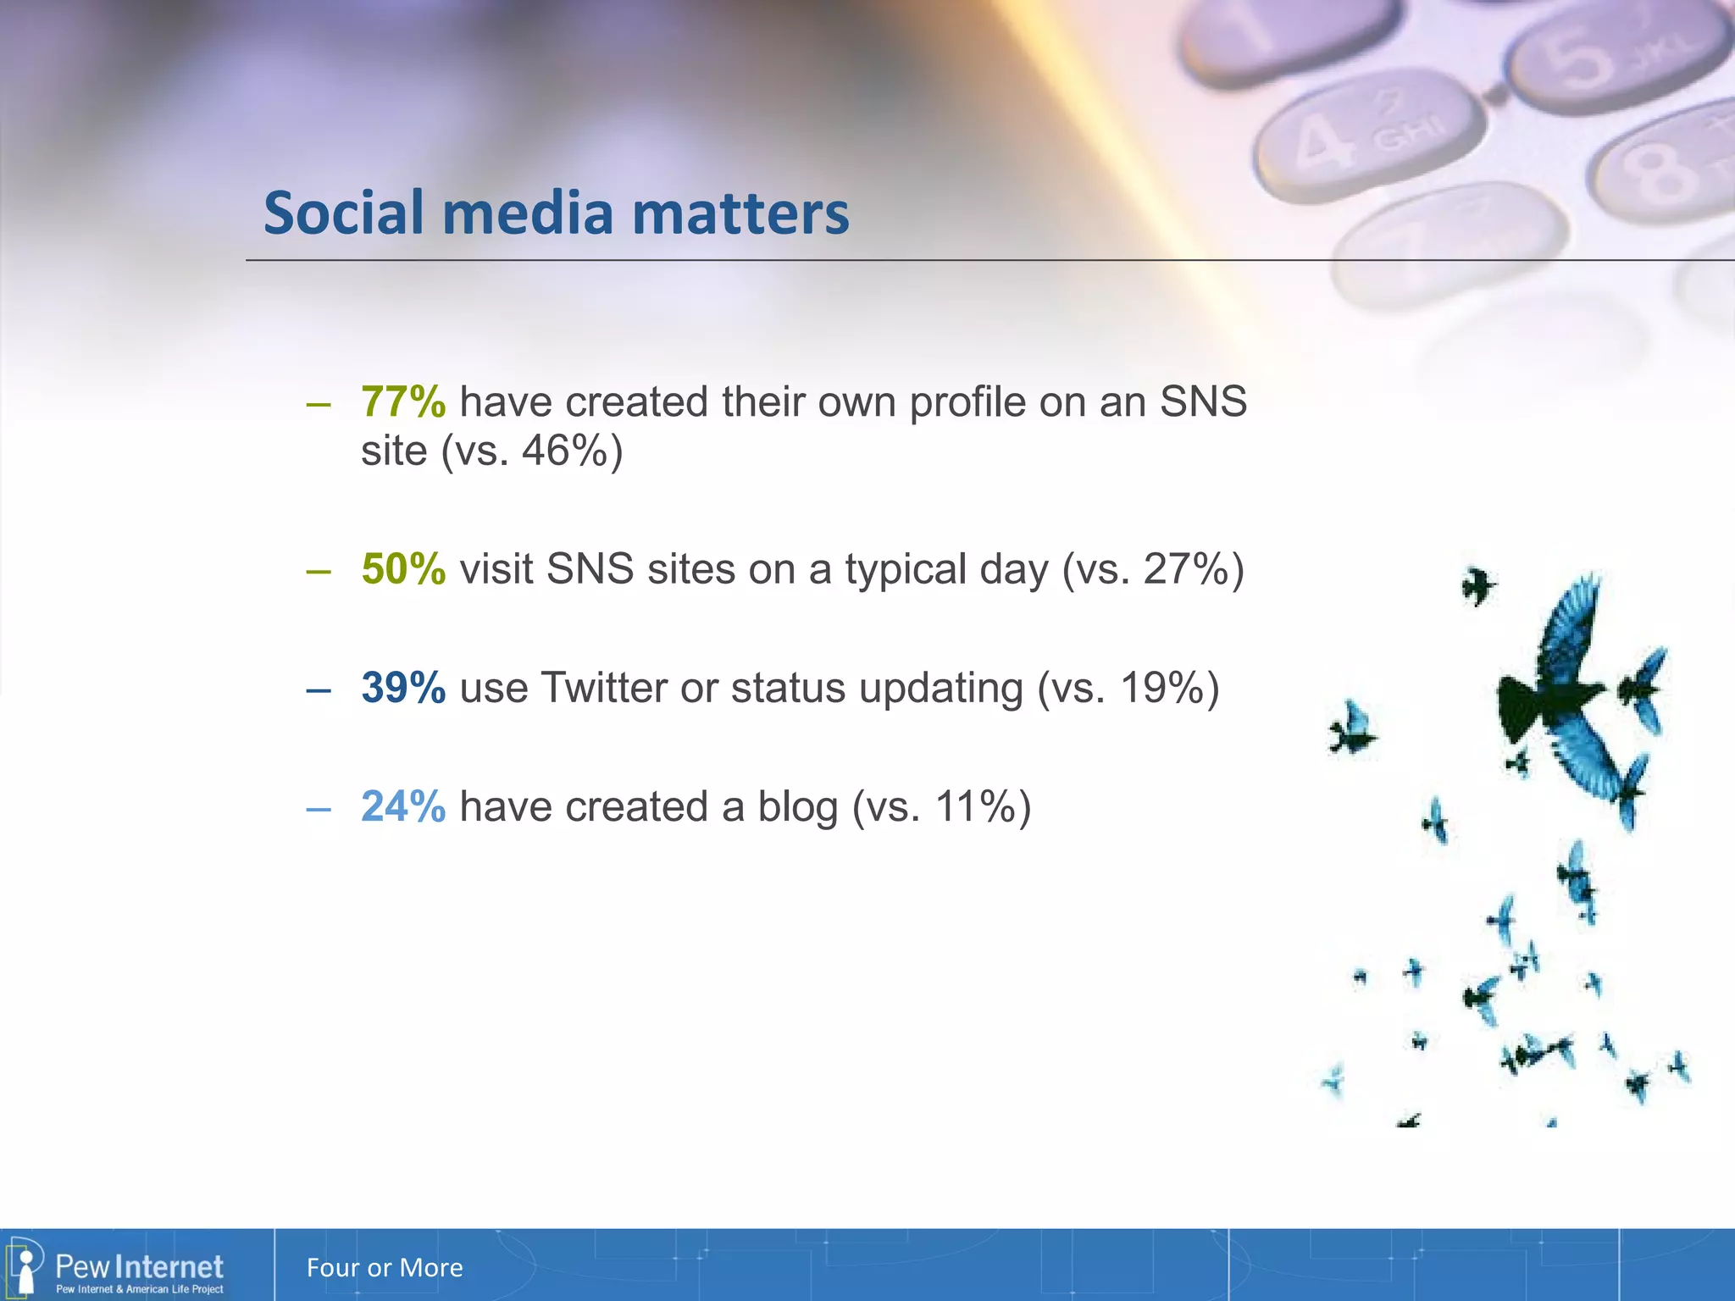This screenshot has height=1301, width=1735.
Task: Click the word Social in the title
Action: point(342,213)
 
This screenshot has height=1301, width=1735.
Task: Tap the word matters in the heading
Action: point(740,213)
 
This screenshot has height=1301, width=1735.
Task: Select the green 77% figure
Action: point(402,401)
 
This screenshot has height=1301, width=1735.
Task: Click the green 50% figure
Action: point(402,568)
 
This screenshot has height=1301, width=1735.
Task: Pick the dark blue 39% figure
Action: point(402,687)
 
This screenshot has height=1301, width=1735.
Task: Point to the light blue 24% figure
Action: point(402,806)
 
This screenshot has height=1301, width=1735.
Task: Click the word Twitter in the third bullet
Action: point(604,687)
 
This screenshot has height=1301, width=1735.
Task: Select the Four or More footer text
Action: point(385,1268)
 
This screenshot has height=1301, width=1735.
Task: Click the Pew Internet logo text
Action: point(139,1267)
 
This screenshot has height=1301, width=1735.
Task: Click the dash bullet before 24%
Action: point(319,810)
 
